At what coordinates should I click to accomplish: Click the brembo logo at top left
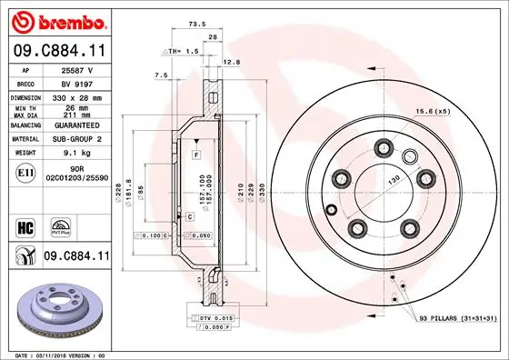click(56, 21)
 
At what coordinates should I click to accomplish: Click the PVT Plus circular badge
click(62, 225)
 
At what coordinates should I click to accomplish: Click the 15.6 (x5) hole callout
click(458, 111)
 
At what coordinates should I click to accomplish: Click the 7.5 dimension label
click(161, 75)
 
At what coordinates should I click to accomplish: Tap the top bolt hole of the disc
click(383, 145)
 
